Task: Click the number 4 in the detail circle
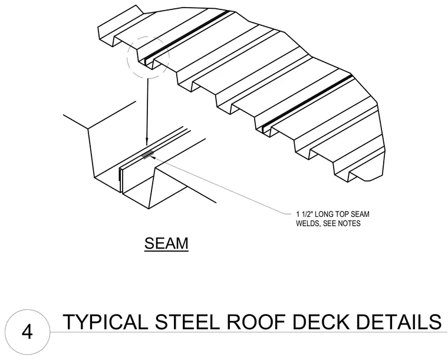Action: pos(27,332)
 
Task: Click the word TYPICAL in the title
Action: pos(106,322)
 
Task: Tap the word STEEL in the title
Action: pos(187,322)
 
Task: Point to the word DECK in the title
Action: pos(321,322)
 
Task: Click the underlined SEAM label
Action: pos(166,243)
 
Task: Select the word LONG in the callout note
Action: pos(324,214)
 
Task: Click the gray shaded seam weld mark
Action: pos(148,154)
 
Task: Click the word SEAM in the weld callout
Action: pos(360,214)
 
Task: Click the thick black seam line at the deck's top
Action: pos(187,36)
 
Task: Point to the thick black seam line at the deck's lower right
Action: pos(307,101)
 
